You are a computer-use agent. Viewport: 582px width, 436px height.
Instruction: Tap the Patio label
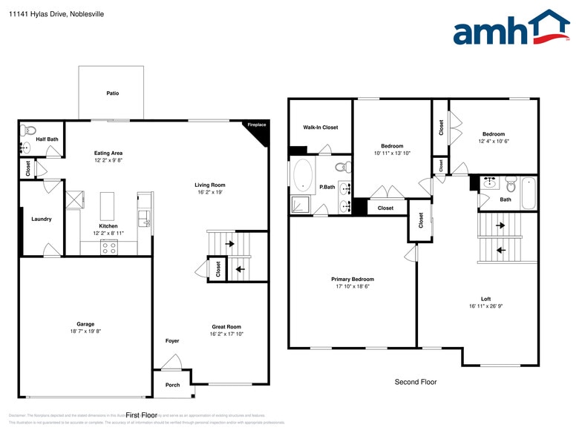click(x=112, y=93)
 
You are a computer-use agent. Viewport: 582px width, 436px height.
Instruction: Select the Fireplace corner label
click(x=257, y=125)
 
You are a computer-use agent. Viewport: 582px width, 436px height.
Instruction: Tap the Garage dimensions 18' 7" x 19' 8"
click(x=85, y=332)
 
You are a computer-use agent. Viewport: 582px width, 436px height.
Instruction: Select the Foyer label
click(x=171, y=341)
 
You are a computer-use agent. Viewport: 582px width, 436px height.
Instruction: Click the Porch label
click(x=172, y=385)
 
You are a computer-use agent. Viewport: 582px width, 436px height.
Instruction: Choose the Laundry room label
click(x=42, y=219)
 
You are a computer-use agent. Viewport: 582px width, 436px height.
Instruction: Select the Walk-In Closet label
click(x=320, y=128)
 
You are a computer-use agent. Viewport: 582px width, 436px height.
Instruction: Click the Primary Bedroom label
click(x=352, y=280)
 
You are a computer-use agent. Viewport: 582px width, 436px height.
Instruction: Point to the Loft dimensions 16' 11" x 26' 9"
click(x=487, y=306)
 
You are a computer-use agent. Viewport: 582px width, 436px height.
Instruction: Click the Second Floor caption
click(x=415, y=382)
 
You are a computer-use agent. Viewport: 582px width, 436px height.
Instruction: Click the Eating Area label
click(x=108, y=153)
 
